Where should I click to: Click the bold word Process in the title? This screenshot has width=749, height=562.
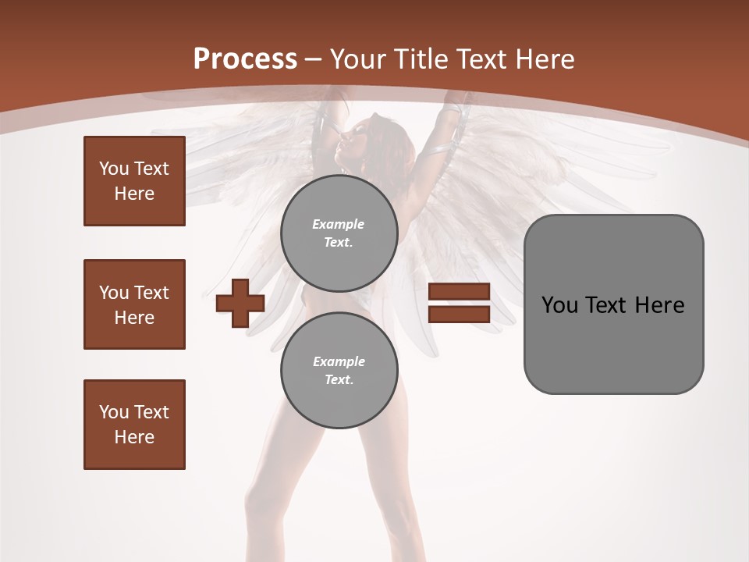tap(245, 59)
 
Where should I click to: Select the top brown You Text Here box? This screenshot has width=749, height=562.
tap(134, 181)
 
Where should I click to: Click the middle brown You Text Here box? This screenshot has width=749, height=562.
tap(134, 304)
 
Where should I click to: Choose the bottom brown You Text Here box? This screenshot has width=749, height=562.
tap(134, 424)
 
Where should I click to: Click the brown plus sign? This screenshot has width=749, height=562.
tap(240, 303)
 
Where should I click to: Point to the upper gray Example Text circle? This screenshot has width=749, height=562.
tap(339, 233)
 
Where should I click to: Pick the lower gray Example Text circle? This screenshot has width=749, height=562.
tap(339, 370)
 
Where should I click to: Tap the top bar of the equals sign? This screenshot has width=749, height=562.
tap(459, 292)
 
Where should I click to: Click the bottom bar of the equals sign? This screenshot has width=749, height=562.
tap(459, 314)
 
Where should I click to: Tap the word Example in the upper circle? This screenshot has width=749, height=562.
tap(339, 224)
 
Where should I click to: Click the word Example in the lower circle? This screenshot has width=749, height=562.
tap(339, 361)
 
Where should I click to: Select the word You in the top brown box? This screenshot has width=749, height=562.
tap(113, 169)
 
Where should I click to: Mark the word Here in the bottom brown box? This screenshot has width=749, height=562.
tap(134, 437)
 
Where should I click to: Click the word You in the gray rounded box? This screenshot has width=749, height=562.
tap(559, 305)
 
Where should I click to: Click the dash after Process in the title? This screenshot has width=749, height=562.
tap(314, 59)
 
